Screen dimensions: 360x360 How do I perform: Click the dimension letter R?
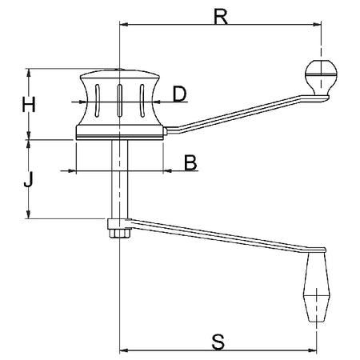click(221, 17)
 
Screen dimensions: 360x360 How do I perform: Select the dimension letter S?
click(218, 342)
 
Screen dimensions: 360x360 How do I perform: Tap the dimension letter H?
click(29, 104)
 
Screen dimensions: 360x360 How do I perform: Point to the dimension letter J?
click(28, 179)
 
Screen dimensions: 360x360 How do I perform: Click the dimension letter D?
click(180, 94)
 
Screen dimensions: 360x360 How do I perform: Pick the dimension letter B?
click(190, 162)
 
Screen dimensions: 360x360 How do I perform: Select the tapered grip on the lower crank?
click(317, 287)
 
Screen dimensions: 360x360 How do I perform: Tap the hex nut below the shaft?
click(119, 233)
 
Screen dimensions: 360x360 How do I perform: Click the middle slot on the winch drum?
click(120, 101)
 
